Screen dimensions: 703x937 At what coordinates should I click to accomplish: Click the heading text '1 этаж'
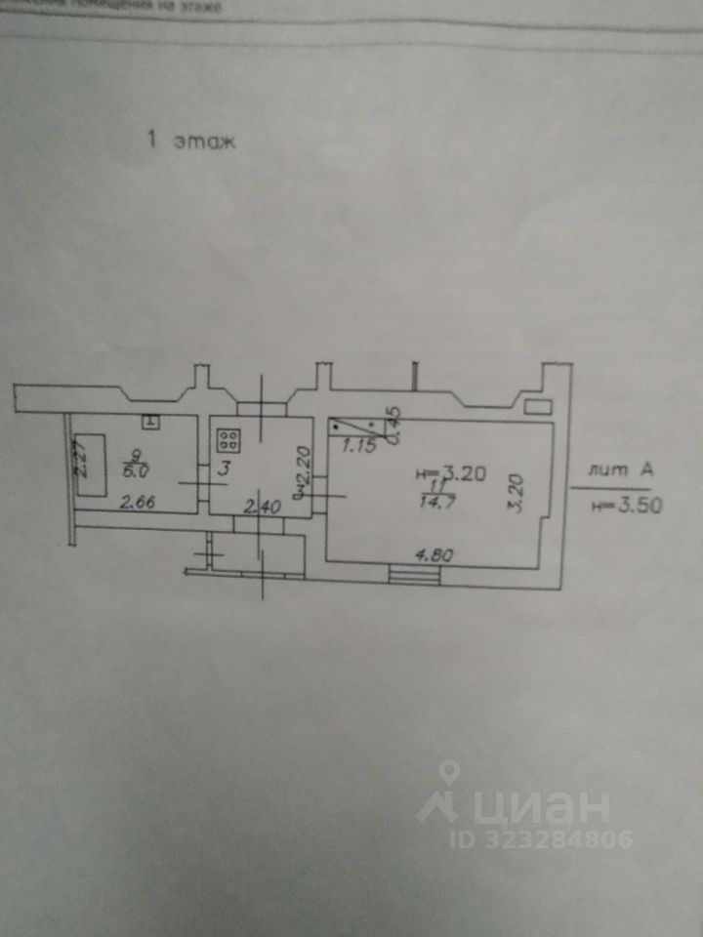click(191, 141)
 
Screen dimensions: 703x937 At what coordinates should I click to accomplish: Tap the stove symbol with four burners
click(229, 439)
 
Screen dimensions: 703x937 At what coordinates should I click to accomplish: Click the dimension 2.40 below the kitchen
click(261, 507)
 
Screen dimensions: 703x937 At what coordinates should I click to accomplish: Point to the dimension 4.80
click(434, 555)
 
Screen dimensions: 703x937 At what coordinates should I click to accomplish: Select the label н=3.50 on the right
click(623, 505)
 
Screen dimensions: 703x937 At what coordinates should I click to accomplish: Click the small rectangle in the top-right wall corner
click(536, 404)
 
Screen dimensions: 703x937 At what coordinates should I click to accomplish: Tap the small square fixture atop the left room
click(151, 422)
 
